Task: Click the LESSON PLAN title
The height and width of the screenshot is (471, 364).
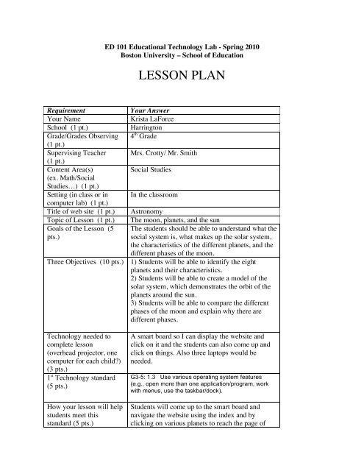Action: pos(182,75)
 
